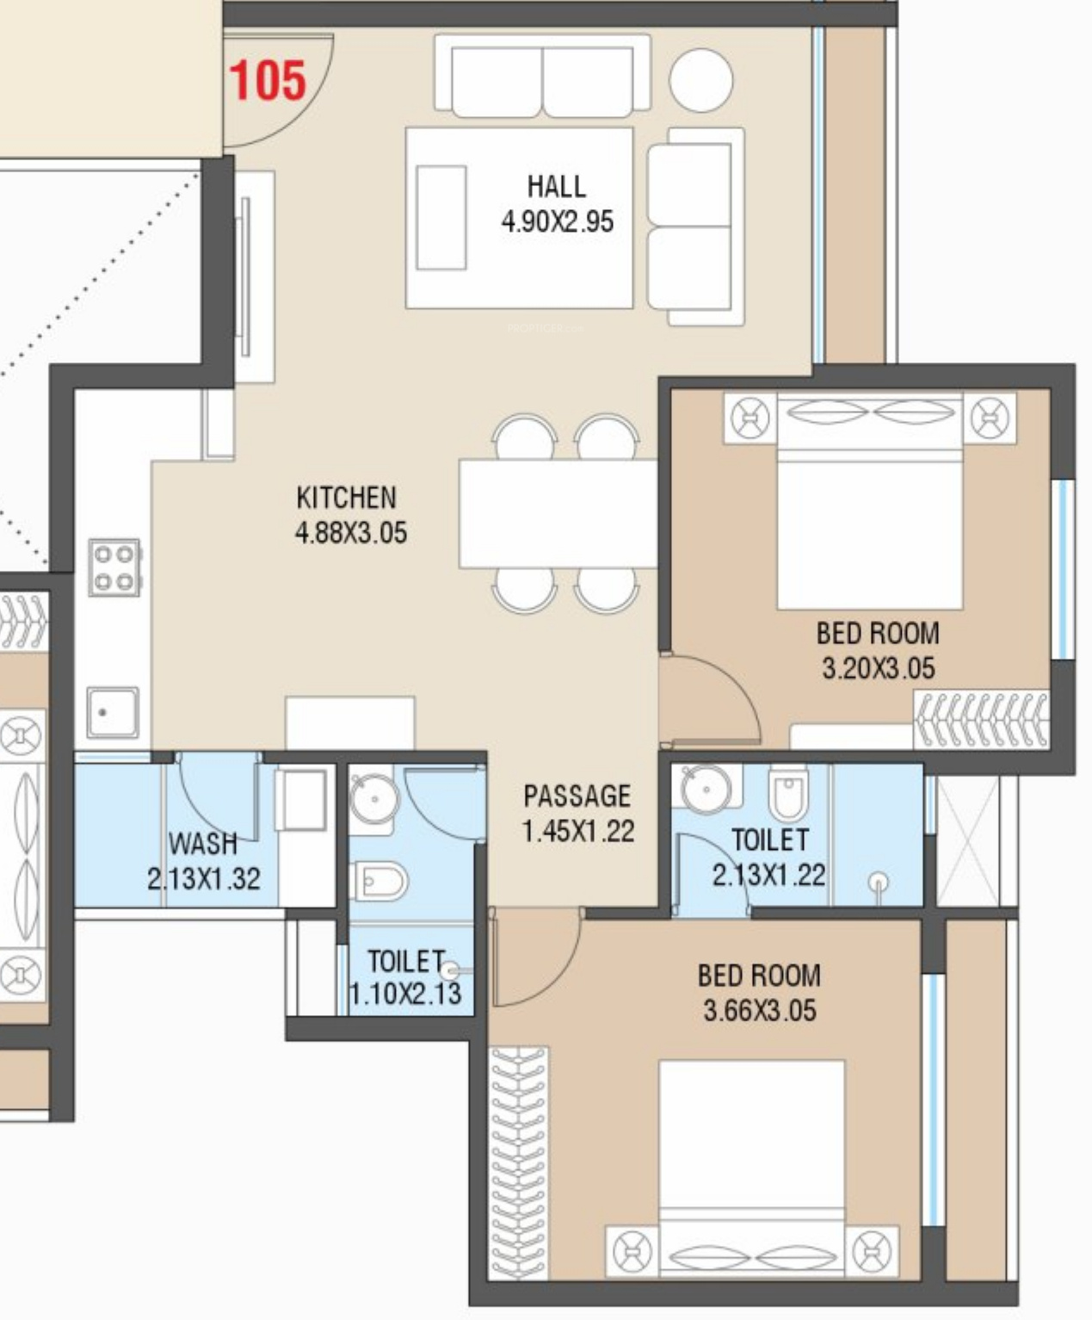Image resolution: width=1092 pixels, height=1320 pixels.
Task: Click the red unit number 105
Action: pyautogui.click(x=268, y=80)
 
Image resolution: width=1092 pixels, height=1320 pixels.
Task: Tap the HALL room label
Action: pyautogui.click(x=557, y=187)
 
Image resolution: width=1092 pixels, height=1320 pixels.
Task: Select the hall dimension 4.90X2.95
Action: pyautogui.click(x=558, y=222)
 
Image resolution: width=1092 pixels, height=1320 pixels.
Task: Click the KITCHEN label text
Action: pyautogui.click(x=346, y=498)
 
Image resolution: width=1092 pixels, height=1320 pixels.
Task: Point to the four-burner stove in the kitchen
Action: pyautogui.click(x=114, y=567)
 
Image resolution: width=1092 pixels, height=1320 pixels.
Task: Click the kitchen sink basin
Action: pyautogui.click(x=113, y=712)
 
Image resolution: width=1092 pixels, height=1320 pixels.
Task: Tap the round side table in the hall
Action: pyautogui.click(x=700, y=81)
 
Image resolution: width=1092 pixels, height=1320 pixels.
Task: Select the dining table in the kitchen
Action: pyautogui.click(x=558, y=514)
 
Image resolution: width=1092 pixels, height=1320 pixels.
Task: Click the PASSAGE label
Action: pyautogui.click(x=577, y=796)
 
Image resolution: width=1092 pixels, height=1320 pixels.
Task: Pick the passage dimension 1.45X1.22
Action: pyautogui.click(x=578, y=831)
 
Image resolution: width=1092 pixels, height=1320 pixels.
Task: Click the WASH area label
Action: pyautogui.click(x=203, y=843)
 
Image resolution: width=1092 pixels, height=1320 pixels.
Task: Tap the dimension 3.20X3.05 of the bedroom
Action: pyautogui.click(x=879, y=668)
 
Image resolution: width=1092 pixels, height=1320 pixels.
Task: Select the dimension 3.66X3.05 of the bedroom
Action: pyautogui.click(x=760, y=1010)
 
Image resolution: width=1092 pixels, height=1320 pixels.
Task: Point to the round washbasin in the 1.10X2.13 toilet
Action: pyautogui.click(x=374, y=798)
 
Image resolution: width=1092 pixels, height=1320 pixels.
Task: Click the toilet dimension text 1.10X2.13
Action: pyautogui.click(x=405, y=994)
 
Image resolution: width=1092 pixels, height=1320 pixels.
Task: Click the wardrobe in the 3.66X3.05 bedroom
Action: pyautogui.click(x=520, y=1162)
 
